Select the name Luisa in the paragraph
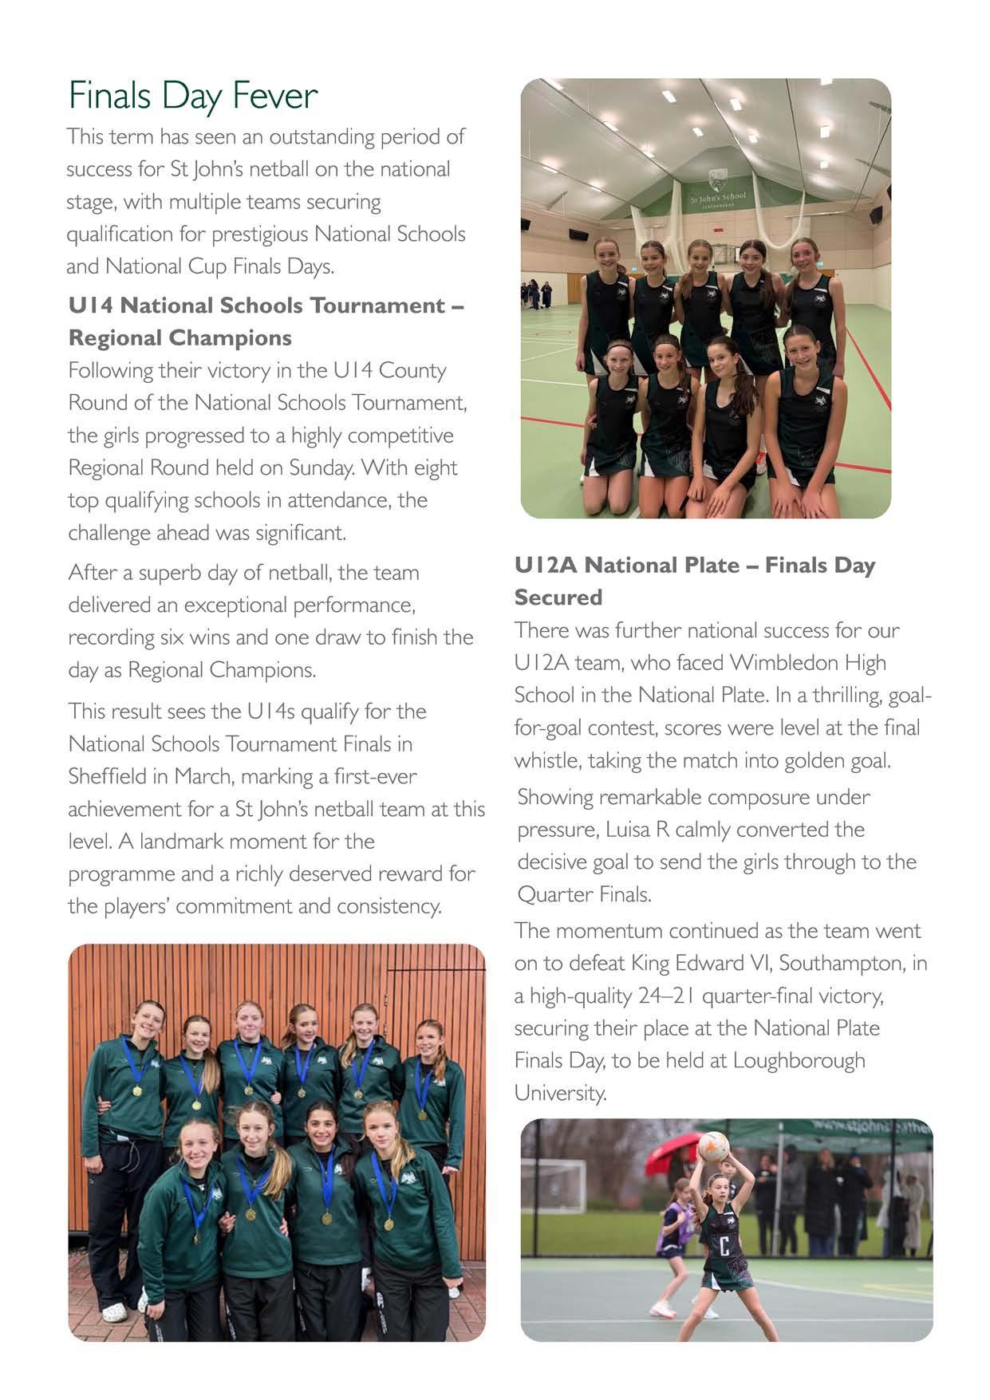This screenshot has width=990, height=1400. [x=627, y=830]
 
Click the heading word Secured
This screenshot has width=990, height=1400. [x=558, y=597]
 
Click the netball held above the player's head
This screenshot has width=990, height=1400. [x=712, y=1146]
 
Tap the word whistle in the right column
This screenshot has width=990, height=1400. [x=547, y=760]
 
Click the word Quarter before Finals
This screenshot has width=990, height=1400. [x=553, y=895]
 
